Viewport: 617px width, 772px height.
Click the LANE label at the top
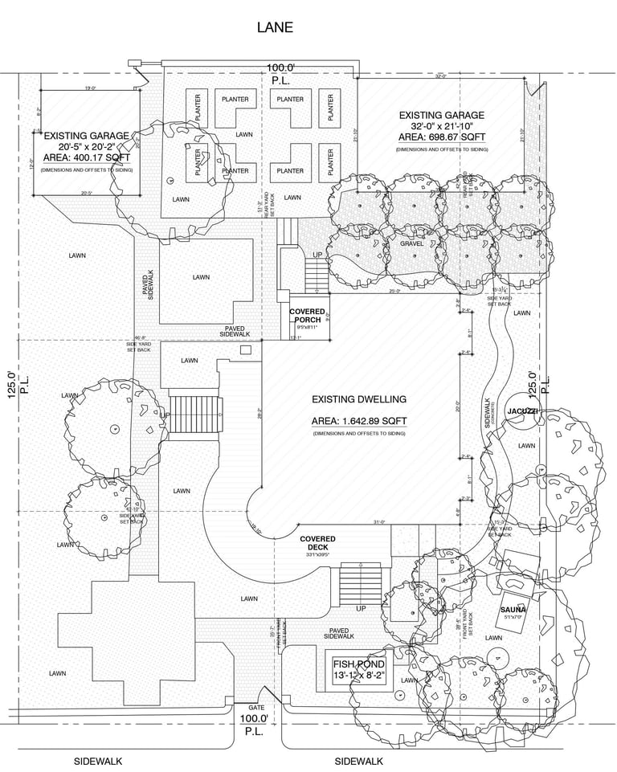click(x=275, y=27)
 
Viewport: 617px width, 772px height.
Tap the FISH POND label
click(x=359, y=665)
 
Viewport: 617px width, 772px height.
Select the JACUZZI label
click(x=521, y=411)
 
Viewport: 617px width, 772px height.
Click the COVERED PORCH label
click(x=307, y=316)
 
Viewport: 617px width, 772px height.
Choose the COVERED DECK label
click(x=317, y=543)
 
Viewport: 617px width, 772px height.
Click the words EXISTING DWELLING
click(x=360, y=399)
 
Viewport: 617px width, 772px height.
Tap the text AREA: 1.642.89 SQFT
click(x=359, y=421)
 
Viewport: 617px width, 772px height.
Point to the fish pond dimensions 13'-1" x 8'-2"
click(x=359, y=676)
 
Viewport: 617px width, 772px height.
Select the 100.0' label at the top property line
click(x=281, y=68)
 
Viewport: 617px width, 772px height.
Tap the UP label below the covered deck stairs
click(x=361, y=608)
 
